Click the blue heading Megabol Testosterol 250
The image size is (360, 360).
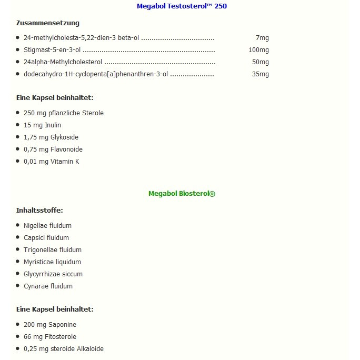point(182,6)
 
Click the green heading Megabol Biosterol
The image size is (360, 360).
point(182,194)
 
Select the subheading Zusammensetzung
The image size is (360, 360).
point(48,23)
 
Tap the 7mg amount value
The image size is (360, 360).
point(262,38)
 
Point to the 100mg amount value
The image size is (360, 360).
point(258,50)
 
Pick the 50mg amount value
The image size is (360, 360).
point(260,62)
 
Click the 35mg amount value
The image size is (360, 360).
point(260,74)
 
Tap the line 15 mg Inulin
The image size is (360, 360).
point(42,125)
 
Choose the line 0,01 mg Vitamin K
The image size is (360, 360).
point(51,162)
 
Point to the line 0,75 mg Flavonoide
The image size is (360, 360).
point(53,149)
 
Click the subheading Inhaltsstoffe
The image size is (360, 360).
point(39,211)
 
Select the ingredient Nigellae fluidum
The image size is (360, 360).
point(47,226)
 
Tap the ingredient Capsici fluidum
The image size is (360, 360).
point(46,238)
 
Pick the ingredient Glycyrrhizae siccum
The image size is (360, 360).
point(53,274)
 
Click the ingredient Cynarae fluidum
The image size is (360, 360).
point(48,286)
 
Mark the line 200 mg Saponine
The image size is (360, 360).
point(50,325)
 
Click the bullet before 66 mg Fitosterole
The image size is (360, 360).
point(18,336)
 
